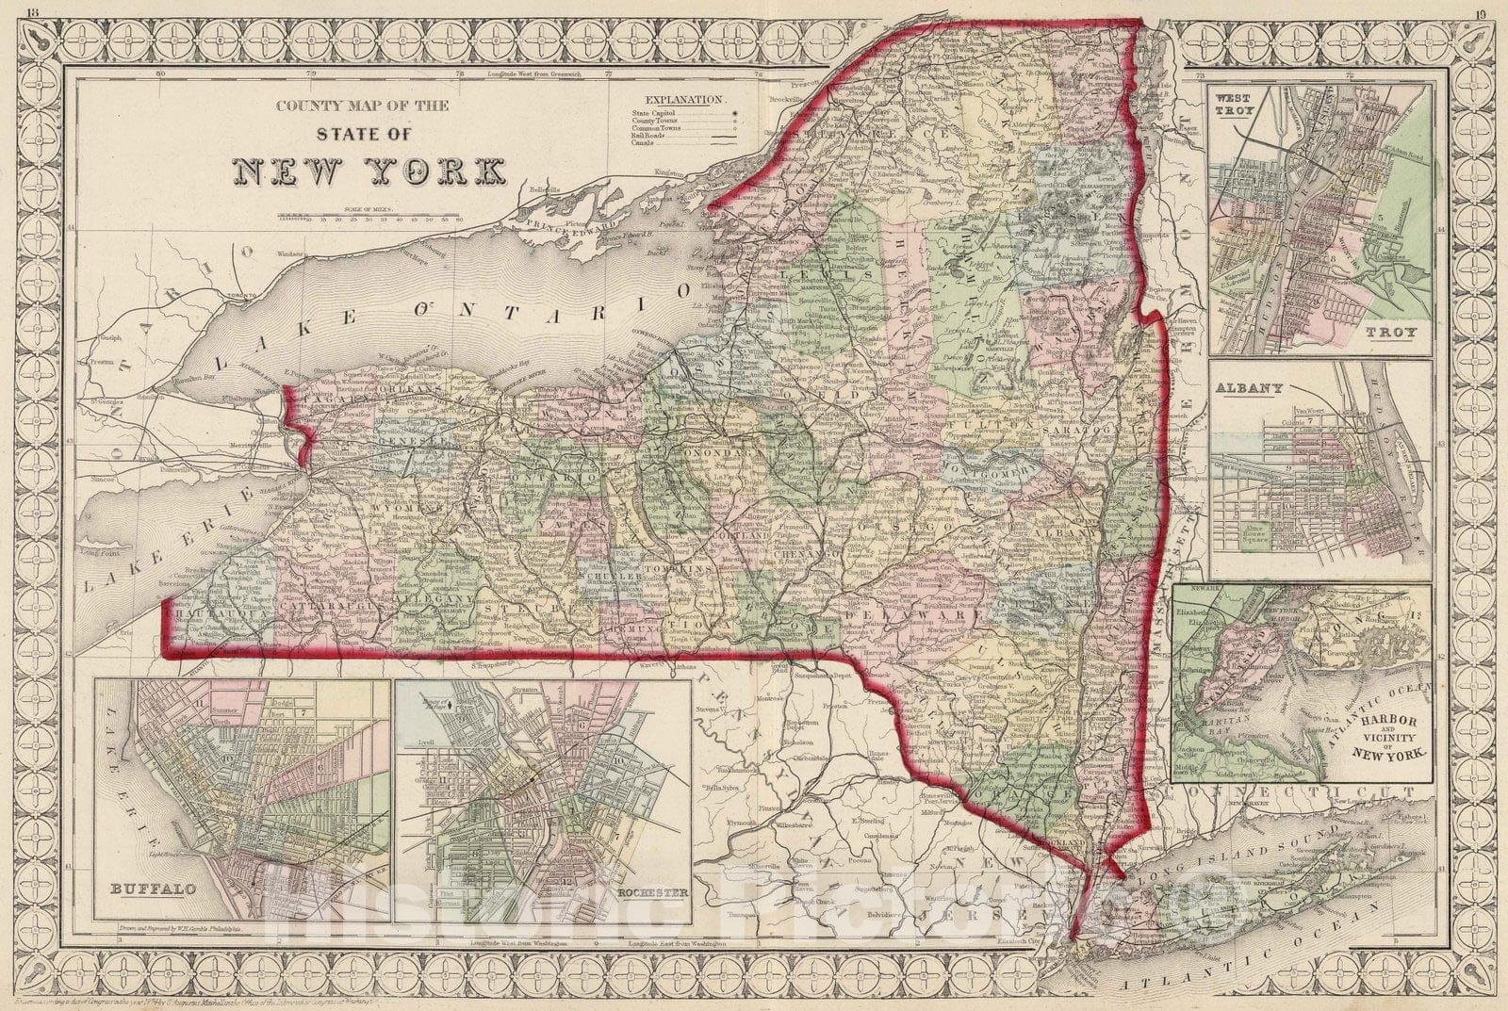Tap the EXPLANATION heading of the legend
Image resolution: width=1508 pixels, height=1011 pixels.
pos(684,99)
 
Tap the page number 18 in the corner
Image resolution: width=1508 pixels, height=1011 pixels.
pos(35,12)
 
